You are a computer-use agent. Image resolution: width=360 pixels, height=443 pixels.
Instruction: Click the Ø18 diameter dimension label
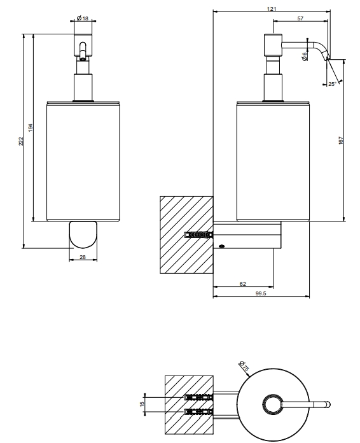pos(83,18)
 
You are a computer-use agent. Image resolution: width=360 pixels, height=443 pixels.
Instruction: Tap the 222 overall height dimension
pos(21,141)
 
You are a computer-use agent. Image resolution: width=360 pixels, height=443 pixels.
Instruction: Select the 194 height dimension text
pos(31,128)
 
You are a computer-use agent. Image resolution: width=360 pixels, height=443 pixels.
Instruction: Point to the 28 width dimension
pos(83,257)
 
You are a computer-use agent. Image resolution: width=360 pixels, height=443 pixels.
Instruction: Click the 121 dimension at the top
pos(272,9)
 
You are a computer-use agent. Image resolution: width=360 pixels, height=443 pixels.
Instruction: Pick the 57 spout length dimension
pos(300,18)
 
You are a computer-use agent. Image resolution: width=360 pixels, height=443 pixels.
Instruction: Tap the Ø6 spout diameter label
pos(304,56)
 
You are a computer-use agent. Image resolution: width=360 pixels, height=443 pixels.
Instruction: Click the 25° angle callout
pos(332,84)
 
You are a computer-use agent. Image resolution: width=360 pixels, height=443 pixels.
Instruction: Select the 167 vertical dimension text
pos(341,141)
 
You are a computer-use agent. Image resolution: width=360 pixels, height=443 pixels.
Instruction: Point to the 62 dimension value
pos(243,284)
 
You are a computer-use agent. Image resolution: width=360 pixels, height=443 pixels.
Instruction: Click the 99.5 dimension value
pos(261,293)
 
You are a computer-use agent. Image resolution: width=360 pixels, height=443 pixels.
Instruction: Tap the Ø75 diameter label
pos(244,366)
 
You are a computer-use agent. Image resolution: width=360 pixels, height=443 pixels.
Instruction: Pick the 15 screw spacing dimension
pos(142,404)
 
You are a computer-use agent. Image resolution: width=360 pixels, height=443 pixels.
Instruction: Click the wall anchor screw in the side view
pos(198,235)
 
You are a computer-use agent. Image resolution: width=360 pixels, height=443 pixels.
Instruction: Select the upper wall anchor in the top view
pos(198,398)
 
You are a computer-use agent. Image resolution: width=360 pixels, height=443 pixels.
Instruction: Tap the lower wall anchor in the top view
pos(198,412)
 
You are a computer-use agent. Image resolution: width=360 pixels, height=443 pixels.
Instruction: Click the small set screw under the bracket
pos(221,246)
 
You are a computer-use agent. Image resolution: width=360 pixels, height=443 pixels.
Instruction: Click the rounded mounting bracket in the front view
pos(83,235)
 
